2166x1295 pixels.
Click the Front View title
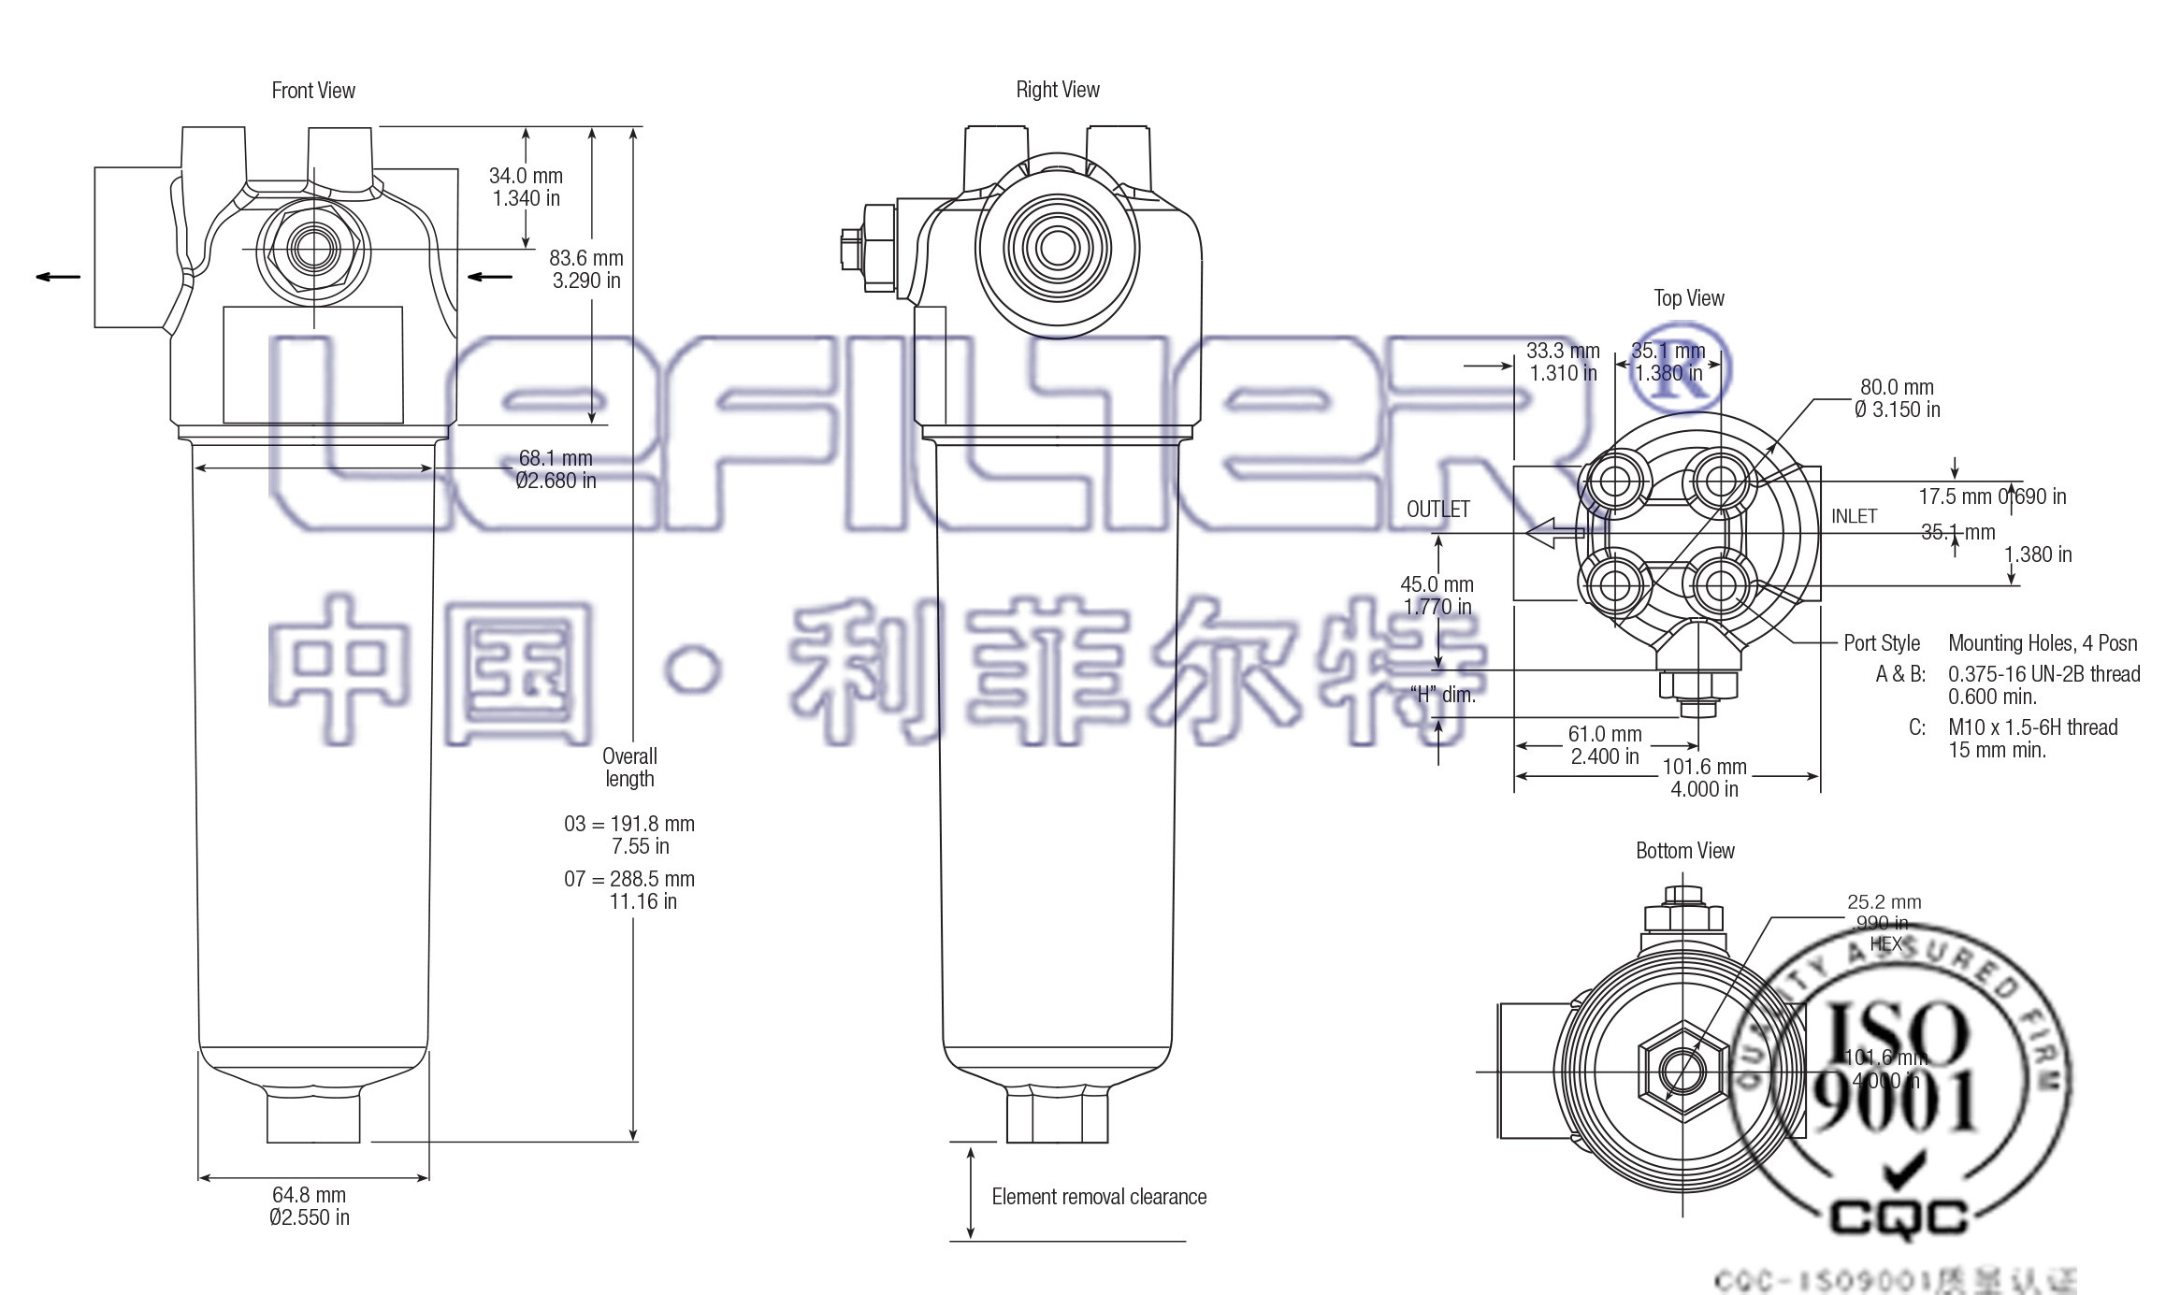313,91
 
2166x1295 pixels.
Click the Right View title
1058,90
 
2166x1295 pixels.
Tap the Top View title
1689,298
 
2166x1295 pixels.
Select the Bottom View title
1684,851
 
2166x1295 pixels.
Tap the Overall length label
629,768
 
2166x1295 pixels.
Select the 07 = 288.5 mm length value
629,880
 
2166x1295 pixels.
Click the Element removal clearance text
1099,1197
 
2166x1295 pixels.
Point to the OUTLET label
1437,510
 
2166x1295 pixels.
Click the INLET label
1854,516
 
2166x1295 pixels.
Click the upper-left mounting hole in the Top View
1613,482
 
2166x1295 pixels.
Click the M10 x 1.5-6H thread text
2032,727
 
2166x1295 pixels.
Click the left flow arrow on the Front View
58,276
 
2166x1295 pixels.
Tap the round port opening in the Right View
1058,248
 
